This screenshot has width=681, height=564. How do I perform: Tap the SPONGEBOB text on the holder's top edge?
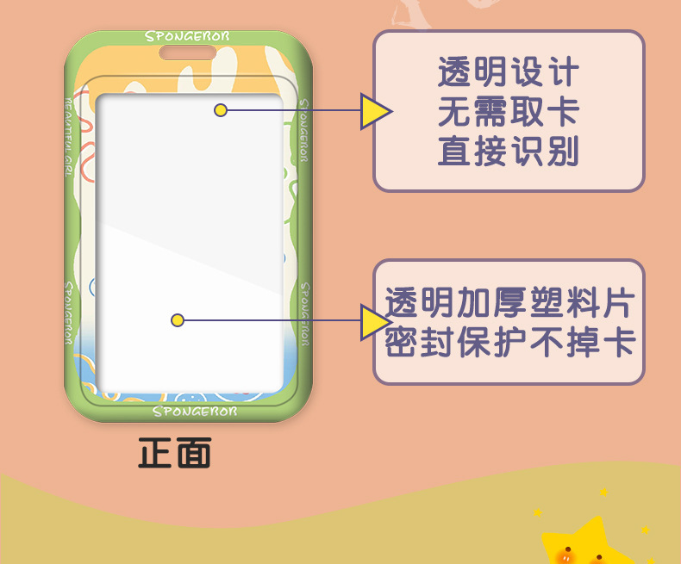[187, 37]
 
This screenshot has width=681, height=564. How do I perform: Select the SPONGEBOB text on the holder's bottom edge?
[194, 411]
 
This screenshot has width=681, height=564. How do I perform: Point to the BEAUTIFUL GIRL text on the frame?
[71, 129]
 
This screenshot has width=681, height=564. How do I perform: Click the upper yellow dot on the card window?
[221, 110]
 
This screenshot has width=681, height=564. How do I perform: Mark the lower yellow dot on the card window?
[177, 320]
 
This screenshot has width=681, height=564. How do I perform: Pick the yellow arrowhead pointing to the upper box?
[374, 111]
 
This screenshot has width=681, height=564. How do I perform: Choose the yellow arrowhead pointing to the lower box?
[374, 321]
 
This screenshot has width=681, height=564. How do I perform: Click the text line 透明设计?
[508, 73]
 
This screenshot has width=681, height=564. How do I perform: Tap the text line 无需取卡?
[508, 113]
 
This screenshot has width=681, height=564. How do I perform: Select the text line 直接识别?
[508, 152]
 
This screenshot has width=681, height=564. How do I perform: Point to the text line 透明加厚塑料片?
[509, 303]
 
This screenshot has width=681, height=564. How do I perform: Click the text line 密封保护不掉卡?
[509, 344]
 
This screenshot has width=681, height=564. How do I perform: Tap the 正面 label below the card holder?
[175, 453]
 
